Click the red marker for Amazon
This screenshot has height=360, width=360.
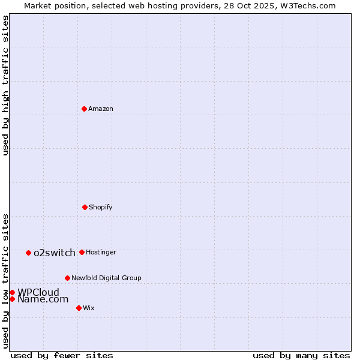click(85, 109)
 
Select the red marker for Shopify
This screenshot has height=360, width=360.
click(85, 207)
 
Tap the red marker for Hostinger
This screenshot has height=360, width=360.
click(82, 252)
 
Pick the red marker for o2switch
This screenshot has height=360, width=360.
click(28, 253)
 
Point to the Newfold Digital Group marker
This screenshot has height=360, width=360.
click(67, 278)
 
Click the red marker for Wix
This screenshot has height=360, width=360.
click(79, 308)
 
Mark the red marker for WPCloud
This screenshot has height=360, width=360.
click(12, 292)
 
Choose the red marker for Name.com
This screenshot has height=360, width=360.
click(12, 299)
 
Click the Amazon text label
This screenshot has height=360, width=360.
click(101, 109)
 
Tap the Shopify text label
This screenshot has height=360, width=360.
click(101, 207)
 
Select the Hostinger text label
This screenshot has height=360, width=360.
click(101, 252)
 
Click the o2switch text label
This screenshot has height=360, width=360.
click(55, 253)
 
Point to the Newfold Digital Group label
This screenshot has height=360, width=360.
click(106, 278)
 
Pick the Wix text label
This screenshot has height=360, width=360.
click(89, 308)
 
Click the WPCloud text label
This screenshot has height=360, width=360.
click(38, 292)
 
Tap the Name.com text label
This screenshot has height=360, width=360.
click(43, 299)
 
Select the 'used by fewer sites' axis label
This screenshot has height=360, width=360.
click(62, 355)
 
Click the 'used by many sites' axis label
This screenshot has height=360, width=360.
click(301, 355)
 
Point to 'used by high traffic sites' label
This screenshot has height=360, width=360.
click(5, 85)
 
